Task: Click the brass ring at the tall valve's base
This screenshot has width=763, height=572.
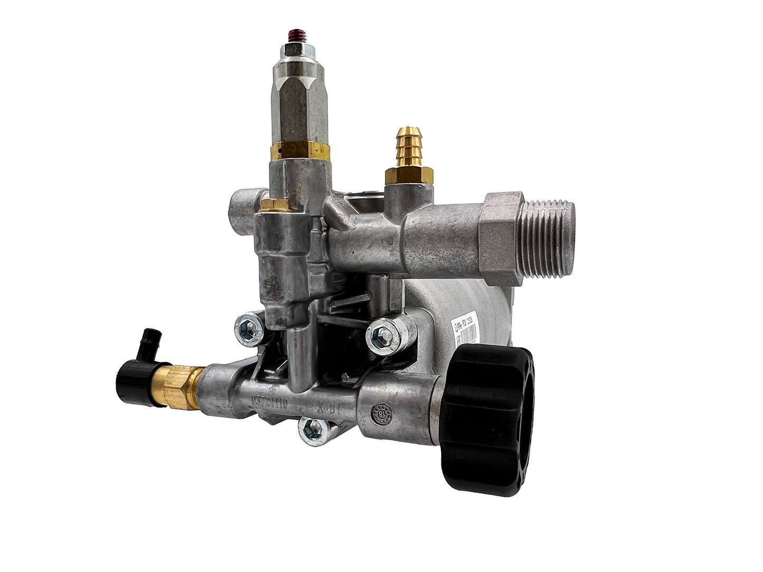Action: coord(299,151)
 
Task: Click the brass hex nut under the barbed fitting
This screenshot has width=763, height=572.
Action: coord(409,175)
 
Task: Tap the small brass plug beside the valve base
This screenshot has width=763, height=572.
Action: coord(274,205)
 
